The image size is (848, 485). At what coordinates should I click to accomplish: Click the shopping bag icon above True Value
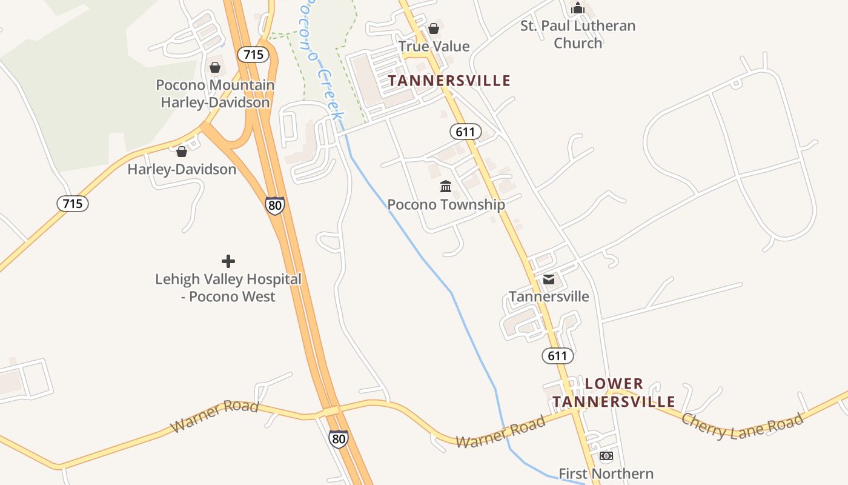pyautogui.click(x=434, y=28)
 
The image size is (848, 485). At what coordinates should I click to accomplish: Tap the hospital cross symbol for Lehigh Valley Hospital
pyautogui.click(x=228, y=261)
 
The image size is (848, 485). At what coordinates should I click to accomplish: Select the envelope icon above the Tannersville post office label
pyautogui.click(x=549, y=279)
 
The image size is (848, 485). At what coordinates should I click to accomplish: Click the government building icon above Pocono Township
pyautogui.click(x=446, y=186)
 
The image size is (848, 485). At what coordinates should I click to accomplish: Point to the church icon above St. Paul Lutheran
pyautogui.click(x=578, y=8)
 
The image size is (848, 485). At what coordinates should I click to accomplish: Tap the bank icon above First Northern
pyautogui.click(x=606, y=456)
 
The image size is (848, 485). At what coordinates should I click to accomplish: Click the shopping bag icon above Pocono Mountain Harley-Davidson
pyautogui.click(x=215, y=67)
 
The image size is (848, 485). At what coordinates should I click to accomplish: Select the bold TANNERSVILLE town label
pyautogui.click(x=449, y=81)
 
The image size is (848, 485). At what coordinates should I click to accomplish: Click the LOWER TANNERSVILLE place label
pyautogui.click(x=614, y=393)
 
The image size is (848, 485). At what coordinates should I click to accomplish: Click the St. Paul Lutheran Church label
pyautogui.click(x=578, y=35)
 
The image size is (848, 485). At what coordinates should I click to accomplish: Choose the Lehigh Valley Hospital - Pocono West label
pyautogui.click(x=228, y=288)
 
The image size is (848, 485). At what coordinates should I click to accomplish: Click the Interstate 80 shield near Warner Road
pyautogui.click(x=339, y=438)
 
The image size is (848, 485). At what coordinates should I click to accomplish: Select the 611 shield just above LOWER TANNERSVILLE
pyautogui.click(x=557, y=356)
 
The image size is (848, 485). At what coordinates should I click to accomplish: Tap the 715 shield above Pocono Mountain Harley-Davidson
pyautogui.click(x=253, y=55)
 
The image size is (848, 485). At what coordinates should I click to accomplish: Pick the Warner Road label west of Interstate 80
pyautogui.click(x=215, y=416)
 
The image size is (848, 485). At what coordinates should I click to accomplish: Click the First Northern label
pyautogui.click(x=606, y=473)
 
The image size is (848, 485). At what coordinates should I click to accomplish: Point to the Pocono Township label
pyautogui.click(x=446, y=204)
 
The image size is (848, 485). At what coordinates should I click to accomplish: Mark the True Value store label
pyautogui.click(x=434, y=47)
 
